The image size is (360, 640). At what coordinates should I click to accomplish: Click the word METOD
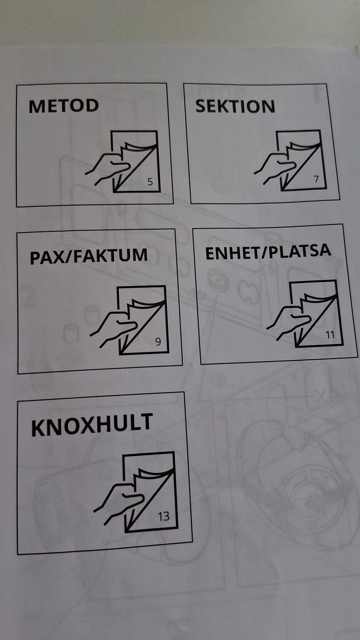pyautogui.click(x=64, y=106)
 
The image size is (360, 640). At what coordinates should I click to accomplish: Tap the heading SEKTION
pyautogui.click(x=235, y=106)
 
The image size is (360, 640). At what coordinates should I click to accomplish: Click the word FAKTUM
pyautogui.click(x=110, y=255)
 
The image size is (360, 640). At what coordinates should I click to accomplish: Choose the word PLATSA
pyautogui.click(x=297, y=251)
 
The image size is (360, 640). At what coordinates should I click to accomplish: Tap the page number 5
pyautogui.click(x=150, y=182)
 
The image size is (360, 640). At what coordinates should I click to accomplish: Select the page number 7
pyautogui.click(x=316, y=179)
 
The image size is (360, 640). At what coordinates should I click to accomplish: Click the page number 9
pyautogui.click(x=158, y=341)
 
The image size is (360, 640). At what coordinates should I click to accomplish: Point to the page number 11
pyautogui.click(x=330, y=335)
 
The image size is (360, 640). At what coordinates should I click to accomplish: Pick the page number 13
pyautogui.click(x=164, y=516)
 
